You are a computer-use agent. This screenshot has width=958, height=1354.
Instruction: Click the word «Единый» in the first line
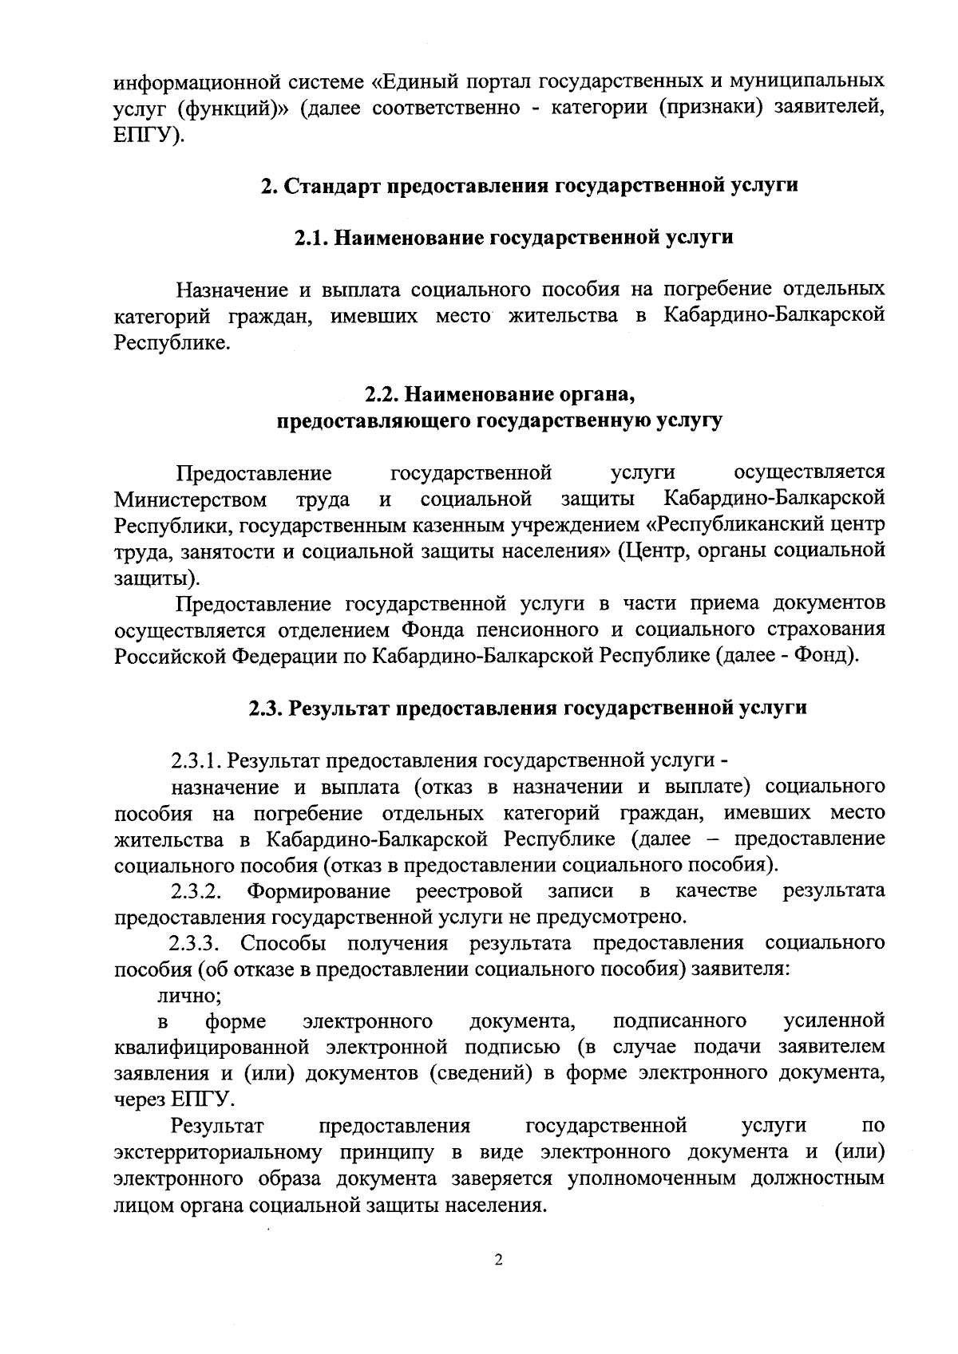pos(422,81)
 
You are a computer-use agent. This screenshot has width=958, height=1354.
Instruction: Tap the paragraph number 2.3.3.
pos(194,943)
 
